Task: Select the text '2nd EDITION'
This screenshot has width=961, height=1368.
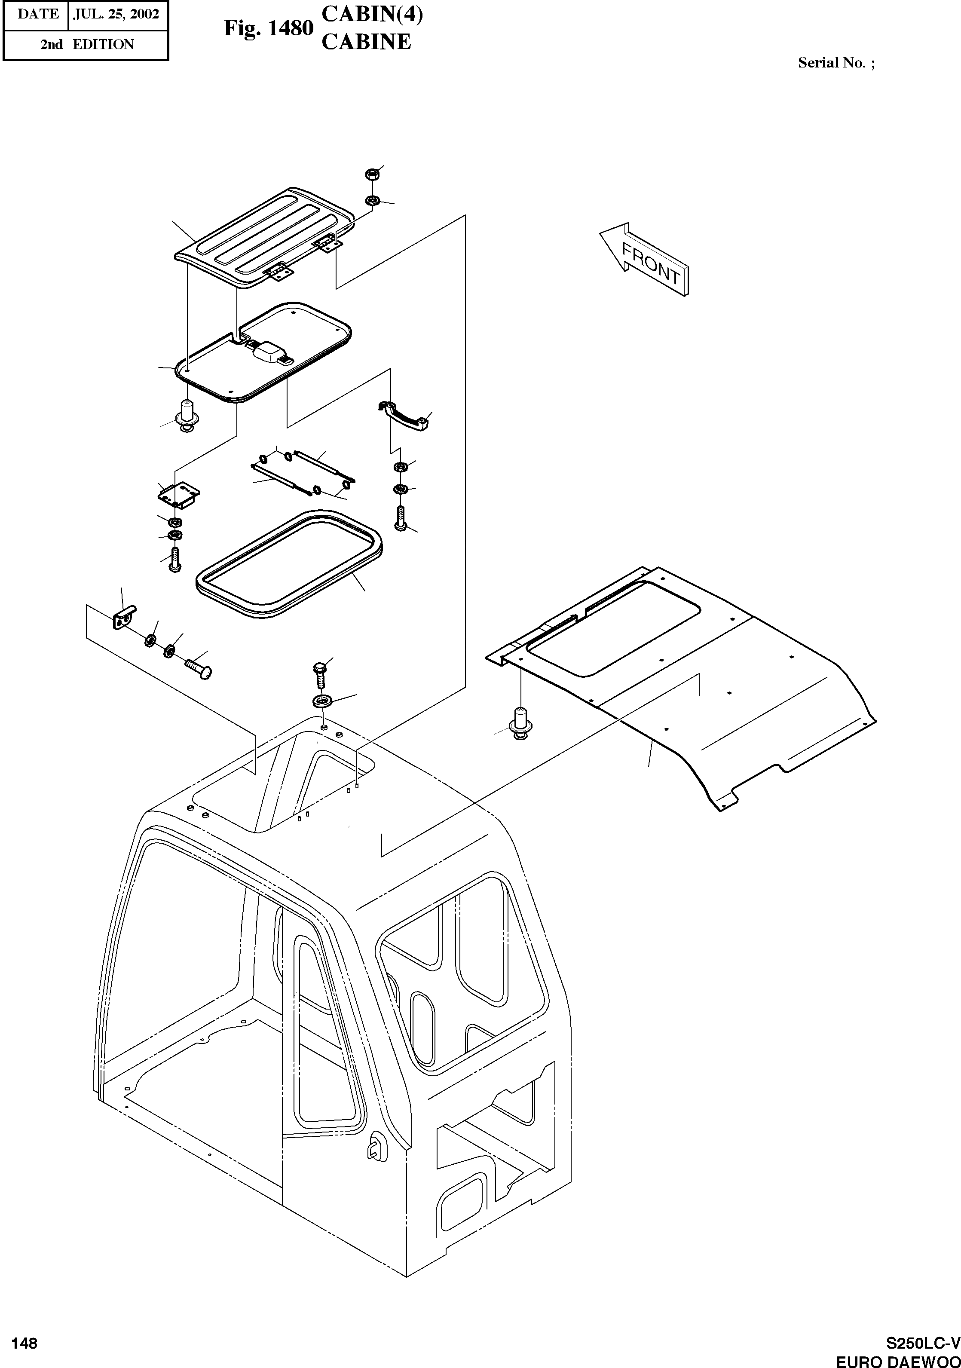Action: click(x=87, y=45)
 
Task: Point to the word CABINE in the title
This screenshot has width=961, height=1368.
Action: click(x=366, y=42)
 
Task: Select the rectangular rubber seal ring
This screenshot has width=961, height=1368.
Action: click(x=289, y=563)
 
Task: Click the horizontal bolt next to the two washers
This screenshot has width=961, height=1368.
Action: click(x=198, y=667)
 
